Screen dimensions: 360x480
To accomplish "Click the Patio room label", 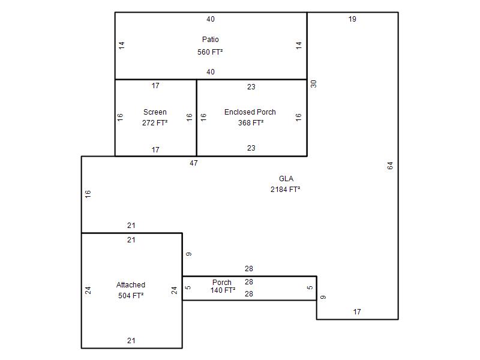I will (211, 40).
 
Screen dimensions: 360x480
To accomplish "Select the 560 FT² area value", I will (210, 52).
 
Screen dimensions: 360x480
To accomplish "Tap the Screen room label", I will (155, 112).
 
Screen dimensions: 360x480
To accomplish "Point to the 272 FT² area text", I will (155, 123).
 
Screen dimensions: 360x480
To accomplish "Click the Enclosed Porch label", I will (250, 112).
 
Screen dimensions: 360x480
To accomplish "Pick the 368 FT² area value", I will (251, 123).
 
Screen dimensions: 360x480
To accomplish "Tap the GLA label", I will (286, 179).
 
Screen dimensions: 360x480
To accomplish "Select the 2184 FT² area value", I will (285, 190).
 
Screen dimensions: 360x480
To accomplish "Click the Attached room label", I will (131, 285).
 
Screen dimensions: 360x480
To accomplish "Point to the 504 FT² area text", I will (131, 296).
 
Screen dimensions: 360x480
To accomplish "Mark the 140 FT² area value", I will (223, 290).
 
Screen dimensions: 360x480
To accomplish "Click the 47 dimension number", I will (193, 163).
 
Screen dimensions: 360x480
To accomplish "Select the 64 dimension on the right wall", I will (390, 166).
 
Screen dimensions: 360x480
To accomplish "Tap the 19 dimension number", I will (352, 19).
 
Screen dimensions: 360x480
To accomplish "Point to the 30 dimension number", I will (313, 84).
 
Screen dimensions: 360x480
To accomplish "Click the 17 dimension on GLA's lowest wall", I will (357, 312).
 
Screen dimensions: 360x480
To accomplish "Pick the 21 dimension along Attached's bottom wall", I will (131, 341).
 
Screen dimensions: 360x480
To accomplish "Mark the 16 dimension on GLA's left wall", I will (88, 194).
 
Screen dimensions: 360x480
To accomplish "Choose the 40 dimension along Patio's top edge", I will (211, 19).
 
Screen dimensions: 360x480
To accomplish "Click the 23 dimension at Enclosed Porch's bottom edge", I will (251, 148).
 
